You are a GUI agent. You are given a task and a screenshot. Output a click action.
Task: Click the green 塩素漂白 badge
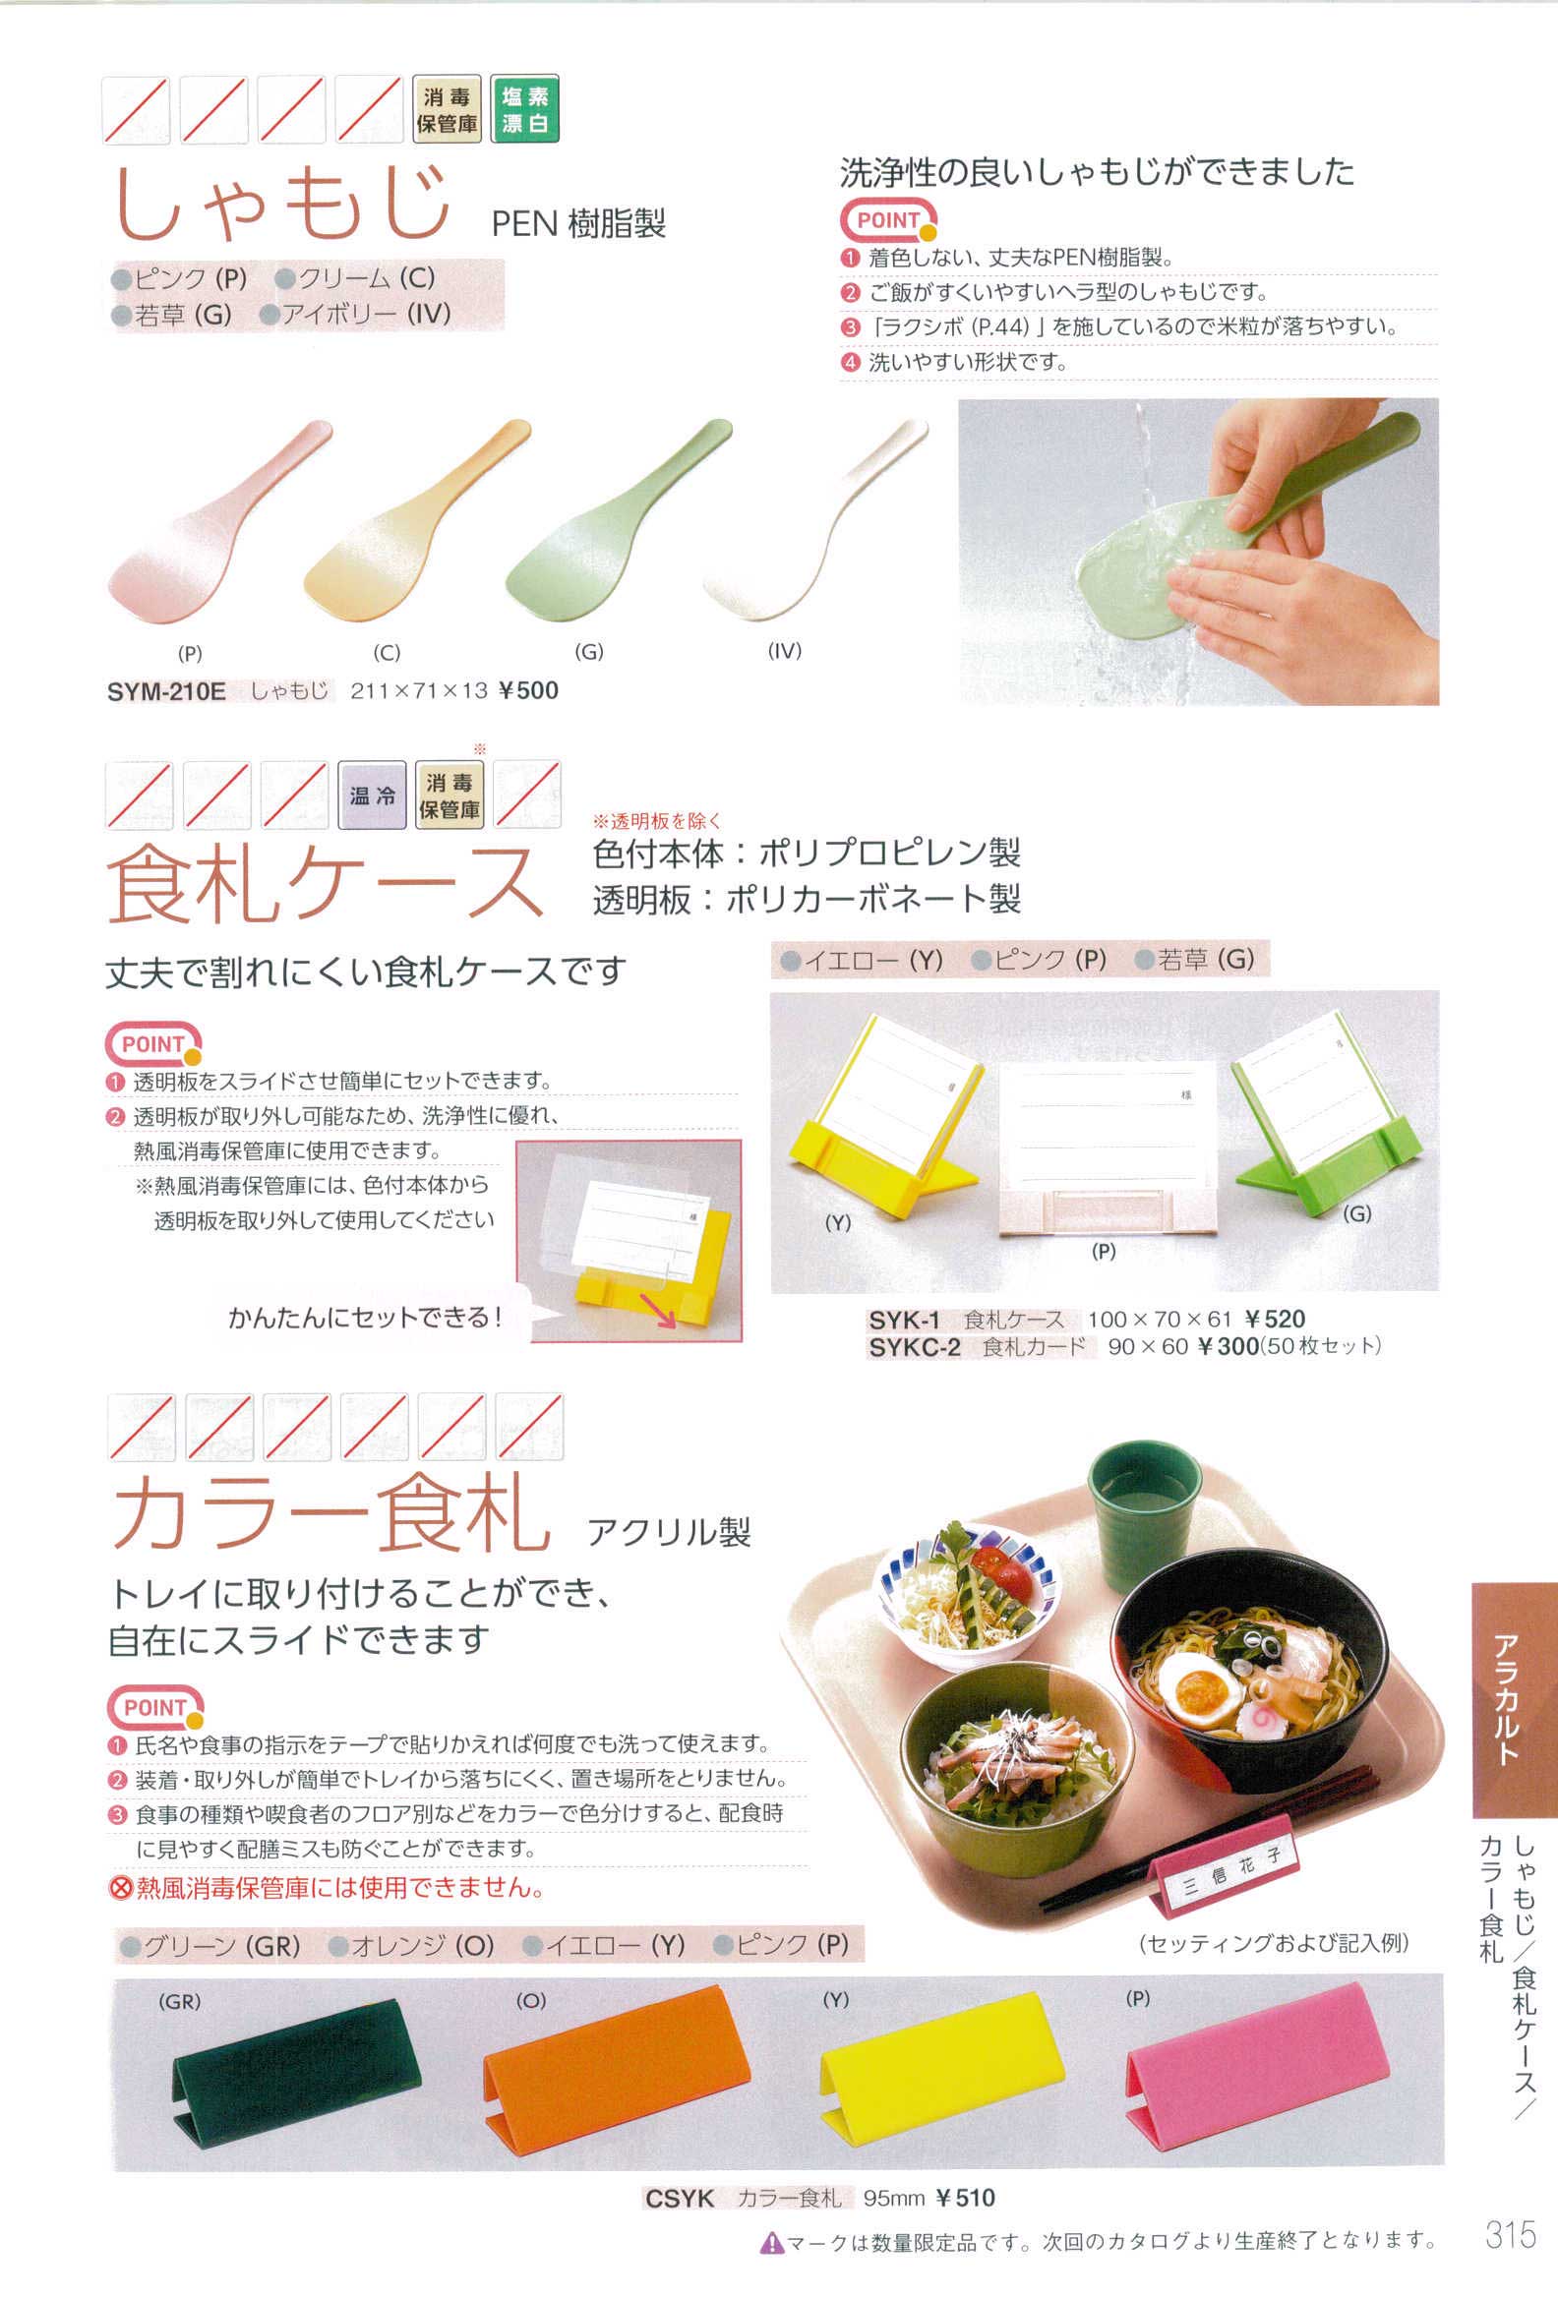pyautogui.click(x=524, y=109)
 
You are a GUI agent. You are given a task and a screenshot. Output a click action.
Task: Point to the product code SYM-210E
pyautogui.click(x=166, y=691)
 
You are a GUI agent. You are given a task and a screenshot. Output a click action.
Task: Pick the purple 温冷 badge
pyautogui.click(x=372, y=795)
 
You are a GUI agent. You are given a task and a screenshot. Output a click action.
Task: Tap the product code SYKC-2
pyautogui.click(x=915, y=1347)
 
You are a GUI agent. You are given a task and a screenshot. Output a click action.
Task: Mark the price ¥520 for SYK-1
pyautogui.click(x=1275, y=1319)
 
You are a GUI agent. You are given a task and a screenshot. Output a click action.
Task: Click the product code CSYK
pyautogui.click(x=679, y=2198)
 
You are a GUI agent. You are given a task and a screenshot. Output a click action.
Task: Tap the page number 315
pyautogui.click(x=1511, y=2234)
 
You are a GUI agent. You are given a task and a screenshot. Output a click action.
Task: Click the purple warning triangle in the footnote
pyautogui.click(x=771, y=2243)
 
